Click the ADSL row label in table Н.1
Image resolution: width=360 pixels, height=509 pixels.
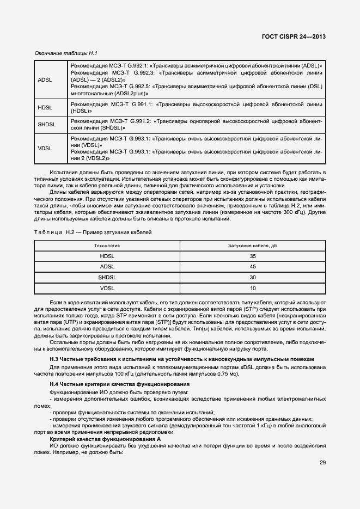tap(45, 79)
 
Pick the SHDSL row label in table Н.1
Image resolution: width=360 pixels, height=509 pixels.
tap(47, 125)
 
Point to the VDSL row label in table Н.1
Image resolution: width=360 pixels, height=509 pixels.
tap(45, 149)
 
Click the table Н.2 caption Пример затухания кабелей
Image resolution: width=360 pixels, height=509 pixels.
tap(93, 232)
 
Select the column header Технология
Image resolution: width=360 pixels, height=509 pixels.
tap(108, 246)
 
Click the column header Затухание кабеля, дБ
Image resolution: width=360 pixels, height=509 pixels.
tap(253, 246)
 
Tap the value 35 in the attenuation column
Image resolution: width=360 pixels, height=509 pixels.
tap(253, 256)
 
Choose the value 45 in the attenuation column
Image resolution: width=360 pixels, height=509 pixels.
tap(253, 267)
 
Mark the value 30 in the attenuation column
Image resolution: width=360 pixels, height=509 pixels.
tap(253, 277)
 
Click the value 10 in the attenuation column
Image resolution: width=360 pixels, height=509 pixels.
tap(253, 288)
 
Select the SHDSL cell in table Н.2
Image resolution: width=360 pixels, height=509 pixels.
tap(108, 277)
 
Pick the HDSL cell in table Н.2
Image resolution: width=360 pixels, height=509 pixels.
tap(108, 256)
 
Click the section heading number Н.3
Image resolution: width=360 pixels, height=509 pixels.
tap(54, 360)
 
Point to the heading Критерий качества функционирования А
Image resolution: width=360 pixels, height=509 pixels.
tap(105, 438)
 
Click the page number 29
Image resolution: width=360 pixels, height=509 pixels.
tap(322, 463)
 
